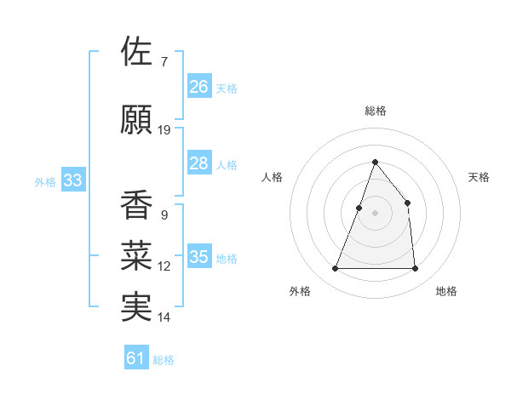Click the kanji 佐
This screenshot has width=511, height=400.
click(137, 52)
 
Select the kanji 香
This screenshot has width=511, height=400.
click(137, 205)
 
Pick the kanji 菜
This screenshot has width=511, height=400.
click(137, 255)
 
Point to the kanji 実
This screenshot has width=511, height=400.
click(137, 306)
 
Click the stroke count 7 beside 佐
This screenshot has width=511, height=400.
click(164, 62)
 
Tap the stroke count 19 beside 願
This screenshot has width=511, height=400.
click(164, 130)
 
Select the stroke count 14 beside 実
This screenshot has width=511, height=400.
click(164, 317)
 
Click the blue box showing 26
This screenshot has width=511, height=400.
click(199, 87)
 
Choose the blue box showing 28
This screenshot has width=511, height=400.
click(199, 163)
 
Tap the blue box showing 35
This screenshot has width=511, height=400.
click(199, 257)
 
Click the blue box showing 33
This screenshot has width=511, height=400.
click(72, 180)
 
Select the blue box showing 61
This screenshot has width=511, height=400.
click(136, 358)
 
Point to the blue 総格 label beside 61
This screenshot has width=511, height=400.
click(164, 360)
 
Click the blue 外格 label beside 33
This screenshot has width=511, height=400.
click(44, 181)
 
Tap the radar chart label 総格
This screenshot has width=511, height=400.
click(375, 111)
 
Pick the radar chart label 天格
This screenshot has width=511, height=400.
click(479, 177)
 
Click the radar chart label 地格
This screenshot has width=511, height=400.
click(446, 291)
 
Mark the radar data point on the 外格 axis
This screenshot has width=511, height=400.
click(336, 269)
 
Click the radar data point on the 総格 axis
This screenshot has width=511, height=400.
click(375, 162)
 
